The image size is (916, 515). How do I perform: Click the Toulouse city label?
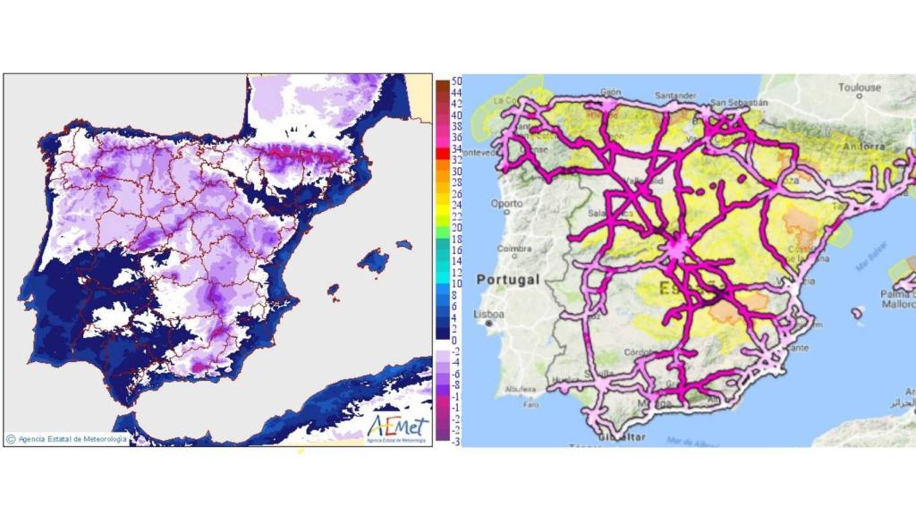(x=860, y=88)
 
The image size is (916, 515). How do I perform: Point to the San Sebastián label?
(x=735, y=100)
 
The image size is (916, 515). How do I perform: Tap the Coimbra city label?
(x=501, y=249)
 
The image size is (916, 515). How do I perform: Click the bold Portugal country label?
(x=507, y=280)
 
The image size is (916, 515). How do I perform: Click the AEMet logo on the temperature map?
(x=398, y=425)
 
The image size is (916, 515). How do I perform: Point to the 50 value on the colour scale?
(x=456, y=81)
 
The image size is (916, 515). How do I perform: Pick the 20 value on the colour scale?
(x=456, y=228)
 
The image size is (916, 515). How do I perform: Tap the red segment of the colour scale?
(x=442, y=155)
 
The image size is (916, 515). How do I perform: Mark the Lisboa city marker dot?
(x=488, y=325)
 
